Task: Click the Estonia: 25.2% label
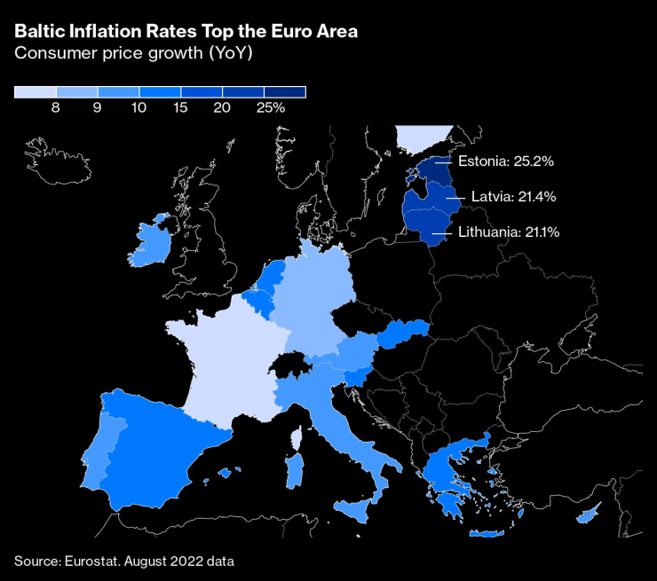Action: click(506, 161)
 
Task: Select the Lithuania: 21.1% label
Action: click(508, 232)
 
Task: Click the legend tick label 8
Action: click(55, 108)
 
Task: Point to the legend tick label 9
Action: click(97, 108)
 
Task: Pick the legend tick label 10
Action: click(138, 108)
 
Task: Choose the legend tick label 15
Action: click(179, 108)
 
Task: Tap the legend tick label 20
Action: click(222, 108)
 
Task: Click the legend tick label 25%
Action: click(270, 108)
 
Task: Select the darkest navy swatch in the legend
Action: click(284, 91)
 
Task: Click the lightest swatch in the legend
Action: click(35, 91)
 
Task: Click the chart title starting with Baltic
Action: click(186, 32)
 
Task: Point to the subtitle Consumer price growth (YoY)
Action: click(132, 53)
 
